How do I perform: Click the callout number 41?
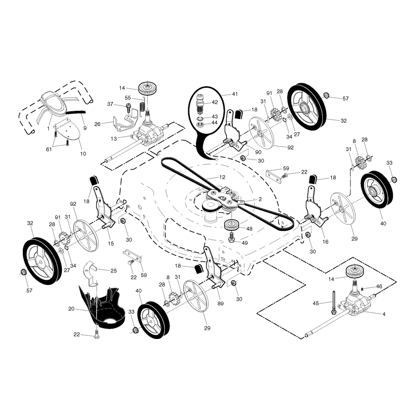(x=235, y=94)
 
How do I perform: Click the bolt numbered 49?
(x=231, y=237)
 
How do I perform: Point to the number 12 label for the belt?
(x=222, y=177)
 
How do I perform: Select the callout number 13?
(x=113, y=139)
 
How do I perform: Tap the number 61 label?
(x=49, y=149)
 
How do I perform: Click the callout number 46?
(x=379, y=287)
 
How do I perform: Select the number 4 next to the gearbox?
(x=384, y=314)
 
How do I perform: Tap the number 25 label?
(x=113, y=270)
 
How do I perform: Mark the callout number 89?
(x=220, y=304)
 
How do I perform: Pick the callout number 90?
(x=258, y=152)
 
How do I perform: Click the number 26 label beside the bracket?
(x=97, y=124)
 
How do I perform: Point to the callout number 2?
(x=260, y=199)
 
